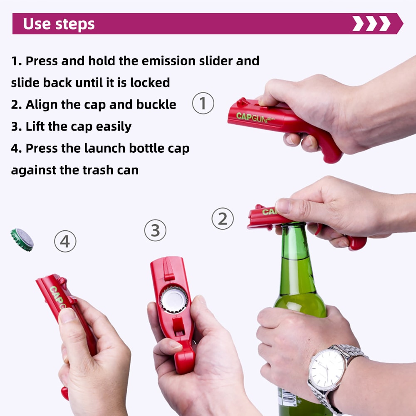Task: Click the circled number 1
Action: coord(203,104)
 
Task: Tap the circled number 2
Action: coord(223,219)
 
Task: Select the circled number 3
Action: coord(155,230)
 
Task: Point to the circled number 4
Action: coord(65,241)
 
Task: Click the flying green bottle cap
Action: coord(22,239)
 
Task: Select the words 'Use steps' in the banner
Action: coord(59,24)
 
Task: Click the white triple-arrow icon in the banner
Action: coord(371,24)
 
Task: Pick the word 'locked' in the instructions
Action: coord(150,82)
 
